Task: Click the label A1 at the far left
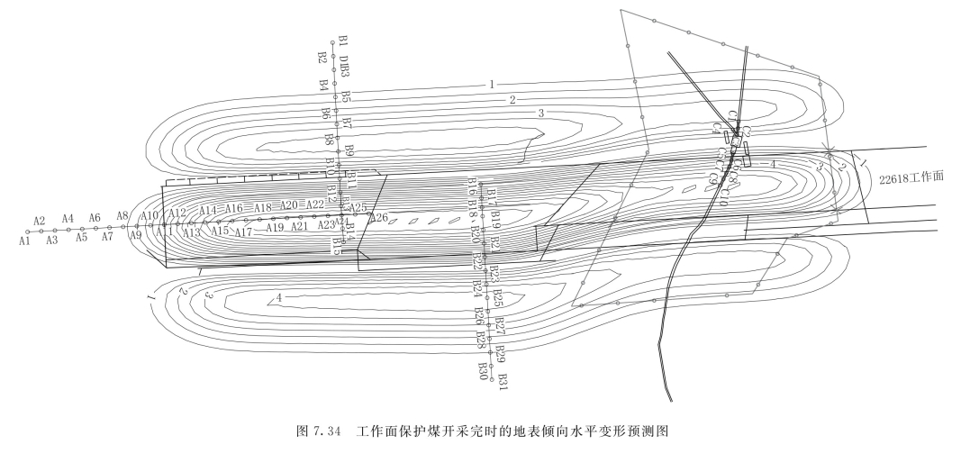[24, 241]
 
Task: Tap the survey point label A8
[122, 215]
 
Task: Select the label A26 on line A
[378, 217]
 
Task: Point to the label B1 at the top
[343, 41]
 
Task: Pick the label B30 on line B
[483, 370]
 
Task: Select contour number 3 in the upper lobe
[541, 113]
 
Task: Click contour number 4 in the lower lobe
[280, 297]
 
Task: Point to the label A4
[68, 218]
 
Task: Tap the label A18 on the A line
[262, 208]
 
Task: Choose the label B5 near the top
[345, 96]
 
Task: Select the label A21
[299, 226]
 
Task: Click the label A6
[95, 218]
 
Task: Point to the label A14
[208, 210]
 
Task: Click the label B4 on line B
[323, 85]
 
